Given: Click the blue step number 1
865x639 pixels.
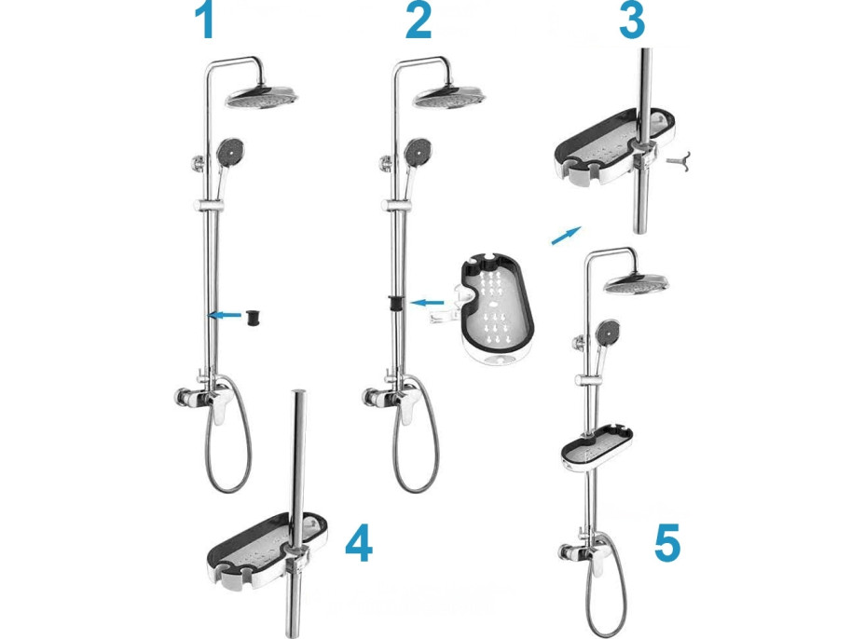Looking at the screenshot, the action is pyautogui.click(x=205, y=20).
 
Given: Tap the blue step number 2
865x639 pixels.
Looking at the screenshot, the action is pyautogui.click(x=419, y=20).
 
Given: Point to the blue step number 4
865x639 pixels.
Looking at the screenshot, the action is pyautogui.click(x=359, y=542).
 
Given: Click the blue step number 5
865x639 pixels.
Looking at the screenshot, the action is pyautogui.click(x=667, y=542).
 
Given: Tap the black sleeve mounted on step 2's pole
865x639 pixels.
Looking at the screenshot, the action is pyautogui.click(x=395, y=304).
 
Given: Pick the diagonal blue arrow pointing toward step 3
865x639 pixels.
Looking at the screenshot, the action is pyautogui.click(x=566, y=235).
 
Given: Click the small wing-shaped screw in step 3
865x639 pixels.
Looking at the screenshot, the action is pyautogui.click(x=680, y=161).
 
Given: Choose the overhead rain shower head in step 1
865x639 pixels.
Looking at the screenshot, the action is pyautogui.click(x=262, y=98).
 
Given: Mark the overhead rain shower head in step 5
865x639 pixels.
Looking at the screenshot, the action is pyautogui.click(x=636, y=283).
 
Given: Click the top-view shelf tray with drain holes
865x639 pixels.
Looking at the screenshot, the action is pyautogui.click(x=497, y=307).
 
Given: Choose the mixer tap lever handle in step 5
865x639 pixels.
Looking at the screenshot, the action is pyautogui.click(x=597, y=558).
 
